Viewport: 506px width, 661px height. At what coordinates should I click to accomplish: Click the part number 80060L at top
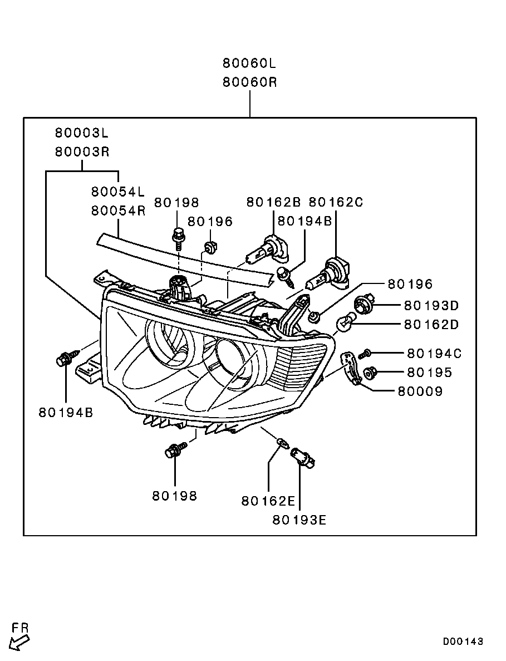click(x=249, y=62)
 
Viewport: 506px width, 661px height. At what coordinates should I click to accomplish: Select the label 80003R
click(x=82, y=151)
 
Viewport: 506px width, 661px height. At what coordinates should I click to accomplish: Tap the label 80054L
click(x=118, y=192)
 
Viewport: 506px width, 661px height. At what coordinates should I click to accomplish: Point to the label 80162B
click(x=273, y=202)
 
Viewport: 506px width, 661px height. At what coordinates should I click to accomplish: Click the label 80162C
click(x=336, y=202)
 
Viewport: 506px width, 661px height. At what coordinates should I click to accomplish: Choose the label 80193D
click(x=431, y=305)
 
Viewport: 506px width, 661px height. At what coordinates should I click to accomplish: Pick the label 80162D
click(x=431, y=324)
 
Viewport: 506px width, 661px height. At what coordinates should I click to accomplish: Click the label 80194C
click(x=434, y=353)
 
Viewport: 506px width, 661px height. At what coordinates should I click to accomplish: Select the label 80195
click(x=429, y=372)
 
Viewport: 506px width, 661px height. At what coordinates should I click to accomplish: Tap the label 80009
click(x=420, y=391)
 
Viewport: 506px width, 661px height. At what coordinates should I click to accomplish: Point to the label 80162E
click(x=268, y=501)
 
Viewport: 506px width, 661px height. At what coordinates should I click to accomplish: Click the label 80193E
click(x=299, y=520)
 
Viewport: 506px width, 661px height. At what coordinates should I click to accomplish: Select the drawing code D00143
click(x=463, y=642)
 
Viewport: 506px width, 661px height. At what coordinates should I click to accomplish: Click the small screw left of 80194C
click(x=365, y=353)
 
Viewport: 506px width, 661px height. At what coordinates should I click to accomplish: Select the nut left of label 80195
click(x=369, y=371)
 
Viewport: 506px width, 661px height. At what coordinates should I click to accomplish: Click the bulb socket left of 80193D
click(x=362, y=304)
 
